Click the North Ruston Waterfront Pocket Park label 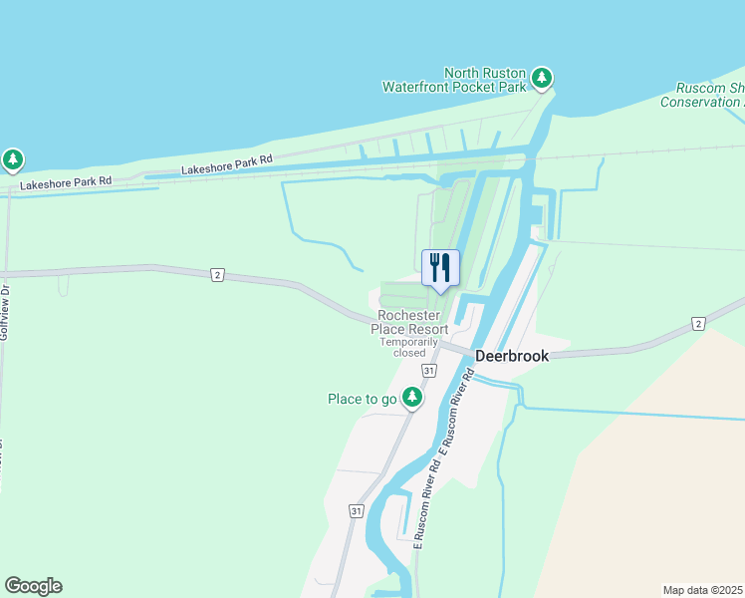tap(455, 80)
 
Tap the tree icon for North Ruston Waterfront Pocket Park tap(541, 77)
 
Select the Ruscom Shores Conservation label tap(703, 95)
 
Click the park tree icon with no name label tap(12, 158)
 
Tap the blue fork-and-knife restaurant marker tap(440, 267)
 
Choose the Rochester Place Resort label tap(409, 322)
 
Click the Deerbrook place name tap(513, 356)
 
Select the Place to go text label tap(363, 400)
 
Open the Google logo tap(33, 586)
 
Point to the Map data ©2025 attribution tap(703, 590)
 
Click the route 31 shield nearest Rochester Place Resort tap(428, 371)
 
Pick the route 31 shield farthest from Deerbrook tap(357, 510)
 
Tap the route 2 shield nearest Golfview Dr tap(216, 275)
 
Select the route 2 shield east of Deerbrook tap(699, 324)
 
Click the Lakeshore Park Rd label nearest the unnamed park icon tap(66, 182)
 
